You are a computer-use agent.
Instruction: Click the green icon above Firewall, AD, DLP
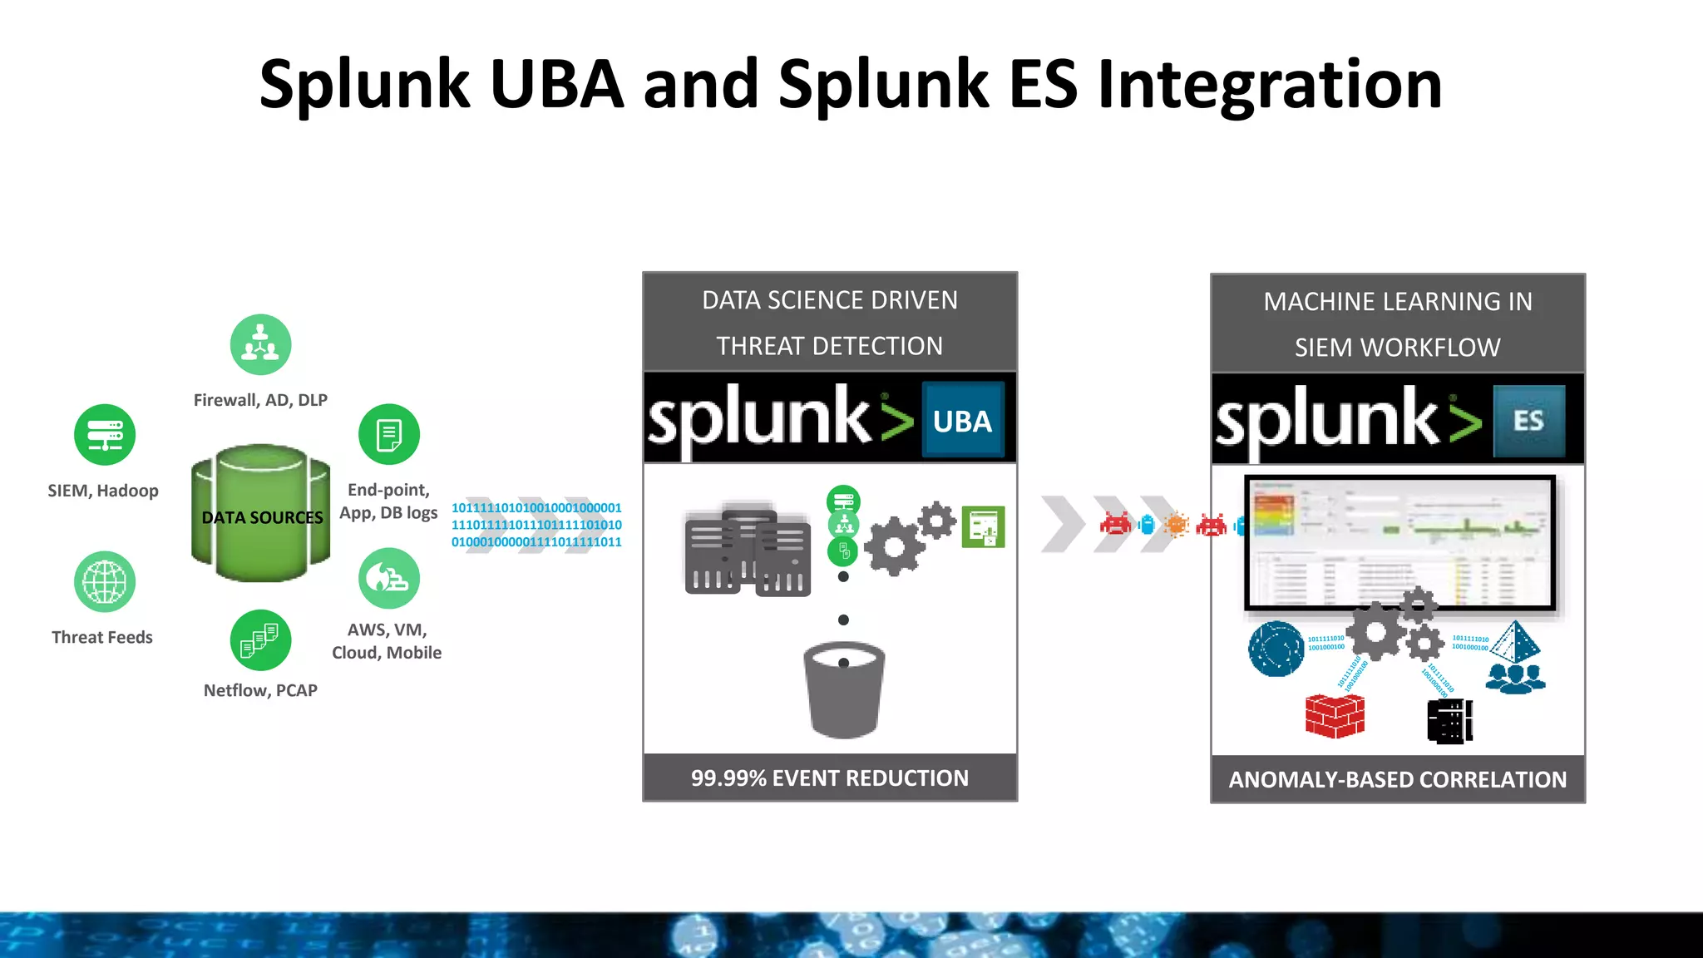(260, 344)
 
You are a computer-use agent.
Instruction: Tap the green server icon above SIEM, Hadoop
(105, 434)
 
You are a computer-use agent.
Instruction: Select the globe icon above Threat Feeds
(105, 581)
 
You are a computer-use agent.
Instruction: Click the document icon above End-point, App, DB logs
(388, 434)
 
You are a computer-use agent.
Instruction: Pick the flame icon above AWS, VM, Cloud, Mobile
(388, 578)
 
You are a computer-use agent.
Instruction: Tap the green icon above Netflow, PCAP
(260, 640)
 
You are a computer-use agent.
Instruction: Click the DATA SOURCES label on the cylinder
(262, 517)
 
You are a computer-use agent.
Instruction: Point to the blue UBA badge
(963, 421)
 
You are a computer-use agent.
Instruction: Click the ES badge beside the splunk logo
(1528, 421)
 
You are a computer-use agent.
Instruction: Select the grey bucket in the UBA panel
(843, 690)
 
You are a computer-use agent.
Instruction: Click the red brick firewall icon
(1335, 715)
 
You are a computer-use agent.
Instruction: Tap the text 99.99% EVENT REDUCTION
(829, 778)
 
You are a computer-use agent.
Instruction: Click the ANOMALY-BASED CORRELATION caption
(1397, 780)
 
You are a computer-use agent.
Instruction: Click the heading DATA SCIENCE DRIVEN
(829, 300)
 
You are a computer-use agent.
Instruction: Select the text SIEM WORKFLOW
(1397, 348)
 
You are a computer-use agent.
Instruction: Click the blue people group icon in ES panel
(1515, 678)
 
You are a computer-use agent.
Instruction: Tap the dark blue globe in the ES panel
(1276, 649)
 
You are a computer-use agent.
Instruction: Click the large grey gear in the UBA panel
(893, 546)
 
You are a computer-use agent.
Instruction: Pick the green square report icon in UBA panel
(983, 527)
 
